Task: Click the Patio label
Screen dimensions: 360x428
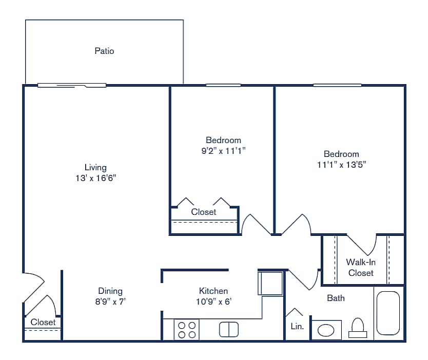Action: pyautogui.click(x=104, y=51)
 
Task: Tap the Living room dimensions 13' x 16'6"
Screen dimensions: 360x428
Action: pyautogui.click(x=95, y=178)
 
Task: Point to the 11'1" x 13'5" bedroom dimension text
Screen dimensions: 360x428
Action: pyautogui.click(x=341, y=165)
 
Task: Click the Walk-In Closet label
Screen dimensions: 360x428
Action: pyautogui.click(x=361, y=267)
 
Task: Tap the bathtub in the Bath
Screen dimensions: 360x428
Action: pyautogui.click(x=388, y=313)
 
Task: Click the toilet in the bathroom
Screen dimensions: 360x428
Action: pyautogui.click(x=358, y=328)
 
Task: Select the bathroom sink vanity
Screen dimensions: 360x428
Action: pyautogui.click(x=326, y=330)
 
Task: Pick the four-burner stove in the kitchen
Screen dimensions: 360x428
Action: pyautogui.click(x=186, y=330)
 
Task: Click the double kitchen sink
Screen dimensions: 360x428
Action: pyautogui.click(x=229, y=329)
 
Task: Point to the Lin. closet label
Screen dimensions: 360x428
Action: pyautogui.click(x=297, y=326)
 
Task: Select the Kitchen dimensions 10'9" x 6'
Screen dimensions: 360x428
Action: pyautogui.click(x=213, y=302)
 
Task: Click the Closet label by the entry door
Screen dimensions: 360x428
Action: pyautogui.click(x=43, y=322)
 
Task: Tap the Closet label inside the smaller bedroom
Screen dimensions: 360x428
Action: pyautogui.click(x=204, y=212)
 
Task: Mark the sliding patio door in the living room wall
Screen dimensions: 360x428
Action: pyautogui.click(x=72, y=85)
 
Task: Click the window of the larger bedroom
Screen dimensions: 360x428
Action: pyautogui.click(x=337, y=85)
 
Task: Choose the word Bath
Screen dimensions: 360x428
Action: pyautogui.click(x=336, y=298)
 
